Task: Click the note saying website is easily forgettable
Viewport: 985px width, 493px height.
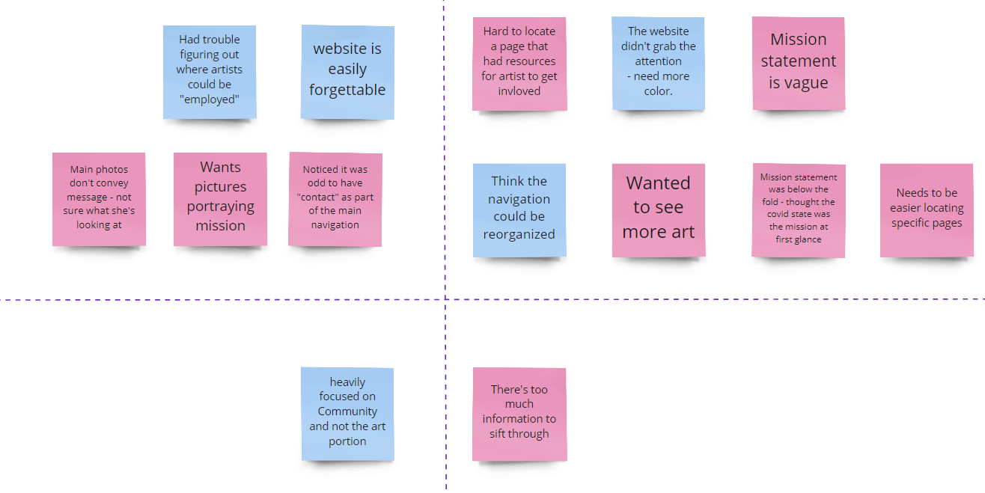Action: [347, 71]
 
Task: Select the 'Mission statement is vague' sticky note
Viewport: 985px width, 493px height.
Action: [799, 63]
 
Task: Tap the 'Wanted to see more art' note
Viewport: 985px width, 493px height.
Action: [659, 209]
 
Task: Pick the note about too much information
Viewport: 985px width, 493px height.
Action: [519, 413]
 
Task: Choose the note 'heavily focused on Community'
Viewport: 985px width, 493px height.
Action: [347, 413]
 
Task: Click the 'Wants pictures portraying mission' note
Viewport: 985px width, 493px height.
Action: [220, 198]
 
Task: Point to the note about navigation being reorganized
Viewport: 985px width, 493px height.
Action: [519, 209]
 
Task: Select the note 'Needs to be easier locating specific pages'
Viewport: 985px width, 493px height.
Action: [927, 209]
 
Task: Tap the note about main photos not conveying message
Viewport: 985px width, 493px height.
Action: [99, 198]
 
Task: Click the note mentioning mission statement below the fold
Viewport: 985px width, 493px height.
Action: [799, 209]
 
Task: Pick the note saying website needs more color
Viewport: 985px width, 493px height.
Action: [659, 63]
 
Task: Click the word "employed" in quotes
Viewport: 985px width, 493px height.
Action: [210, 99]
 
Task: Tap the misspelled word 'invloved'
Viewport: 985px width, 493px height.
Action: [519, 91]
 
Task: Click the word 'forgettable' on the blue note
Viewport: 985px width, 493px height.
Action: [347, 90]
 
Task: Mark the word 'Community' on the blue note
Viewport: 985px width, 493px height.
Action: [347, 411]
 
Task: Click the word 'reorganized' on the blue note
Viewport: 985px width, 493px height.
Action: [519, 234]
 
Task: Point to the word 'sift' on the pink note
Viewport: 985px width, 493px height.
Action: [498, 434]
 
